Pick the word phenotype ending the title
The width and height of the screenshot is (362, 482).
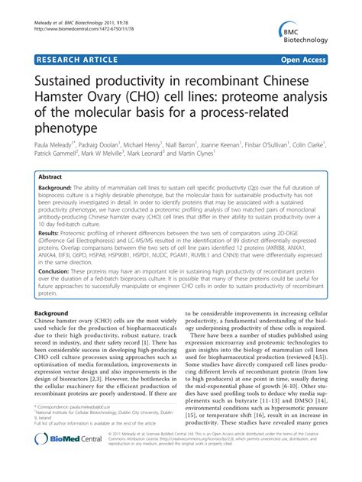coord(71,128)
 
